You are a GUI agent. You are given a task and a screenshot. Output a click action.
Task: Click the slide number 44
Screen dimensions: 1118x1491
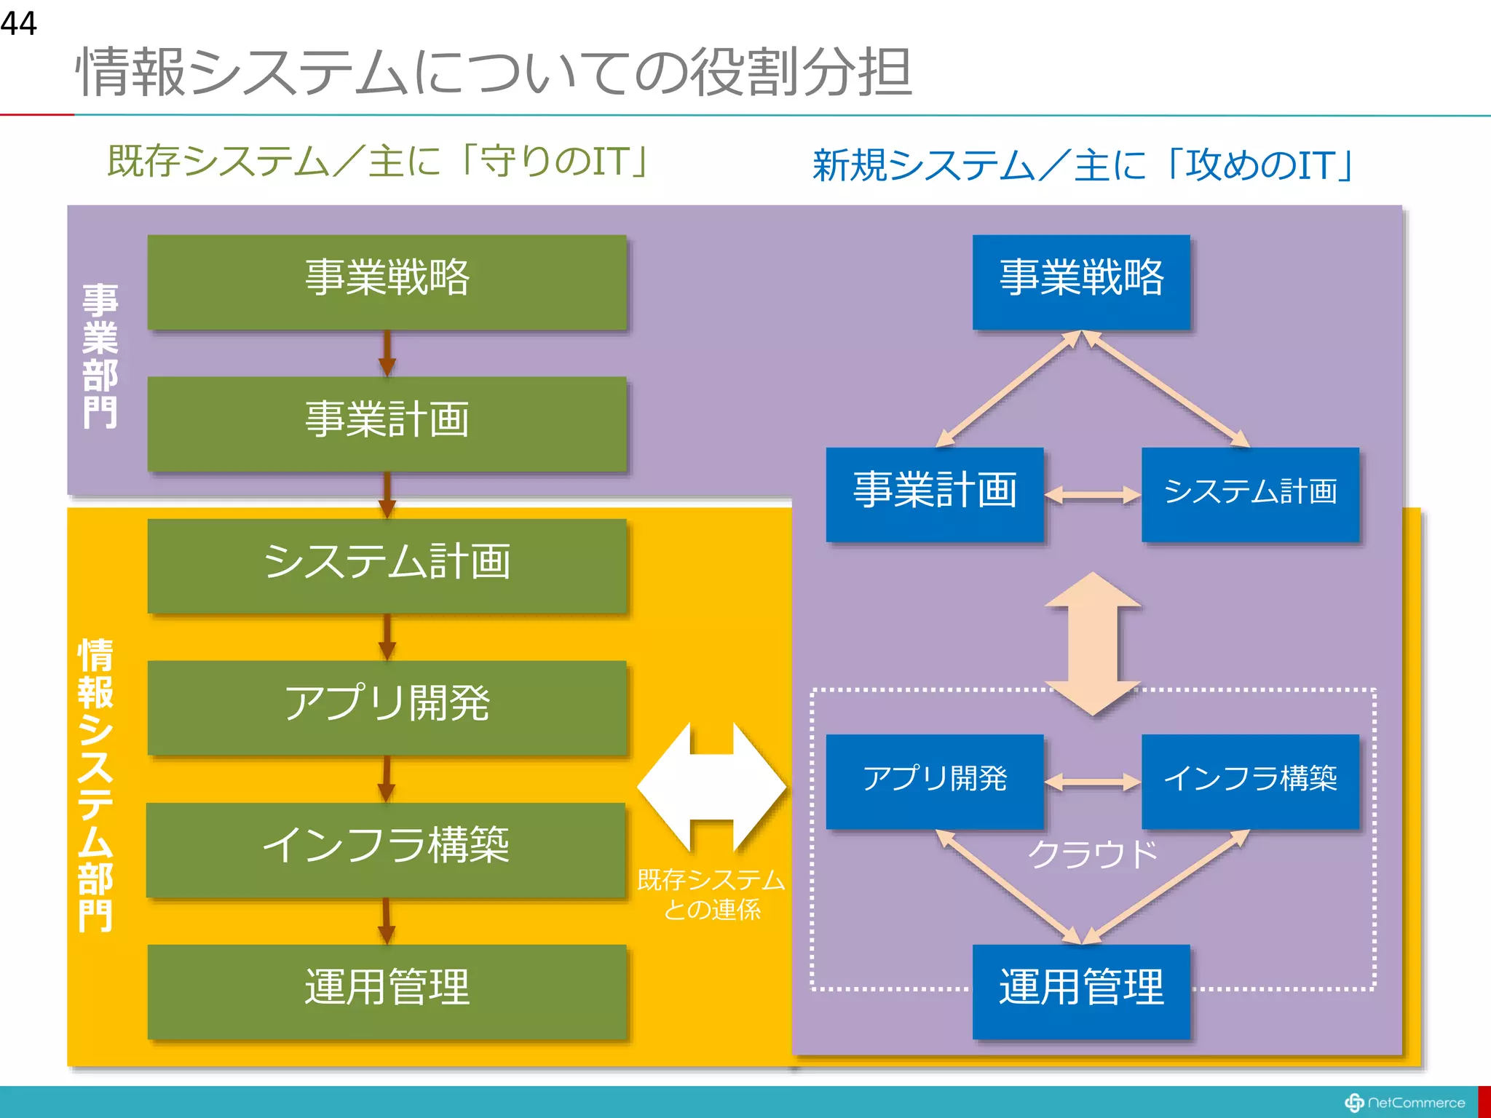(19, 23)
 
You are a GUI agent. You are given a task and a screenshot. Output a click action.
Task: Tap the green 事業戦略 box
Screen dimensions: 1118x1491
(387, 282)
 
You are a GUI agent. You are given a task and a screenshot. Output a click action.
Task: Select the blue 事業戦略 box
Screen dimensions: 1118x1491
(1081, 282)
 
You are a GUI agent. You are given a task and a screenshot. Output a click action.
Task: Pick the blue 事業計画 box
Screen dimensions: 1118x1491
(935, 493)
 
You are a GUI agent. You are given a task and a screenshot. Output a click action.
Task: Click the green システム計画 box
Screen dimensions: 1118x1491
(387, 566)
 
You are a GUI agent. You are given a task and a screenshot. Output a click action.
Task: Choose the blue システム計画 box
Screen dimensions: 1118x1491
(1250, 493)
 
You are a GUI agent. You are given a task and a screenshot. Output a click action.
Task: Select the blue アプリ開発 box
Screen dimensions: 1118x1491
(935, 781)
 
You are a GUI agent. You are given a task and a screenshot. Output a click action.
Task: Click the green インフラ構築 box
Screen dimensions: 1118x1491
(387, 849)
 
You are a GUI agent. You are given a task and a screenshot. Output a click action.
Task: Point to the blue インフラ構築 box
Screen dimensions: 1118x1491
(1250, 781)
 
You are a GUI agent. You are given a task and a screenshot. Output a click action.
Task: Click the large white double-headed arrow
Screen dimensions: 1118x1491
(711, 788)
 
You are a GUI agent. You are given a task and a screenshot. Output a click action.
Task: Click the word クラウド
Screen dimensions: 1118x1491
(1092, 855)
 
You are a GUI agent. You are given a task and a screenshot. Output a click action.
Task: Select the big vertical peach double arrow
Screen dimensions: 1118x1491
(1092, 643)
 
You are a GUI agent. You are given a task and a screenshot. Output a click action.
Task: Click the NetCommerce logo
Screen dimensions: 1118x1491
(1405, 1103)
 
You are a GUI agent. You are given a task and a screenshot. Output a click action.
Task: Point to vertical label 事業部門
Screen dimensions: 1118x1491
(100, 356)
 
